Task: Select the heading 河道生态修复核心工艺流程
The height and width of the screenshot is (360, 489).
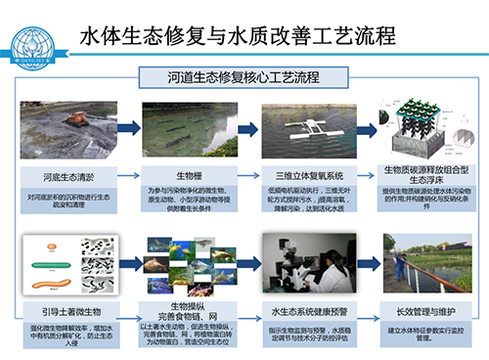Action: [244, 75]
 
